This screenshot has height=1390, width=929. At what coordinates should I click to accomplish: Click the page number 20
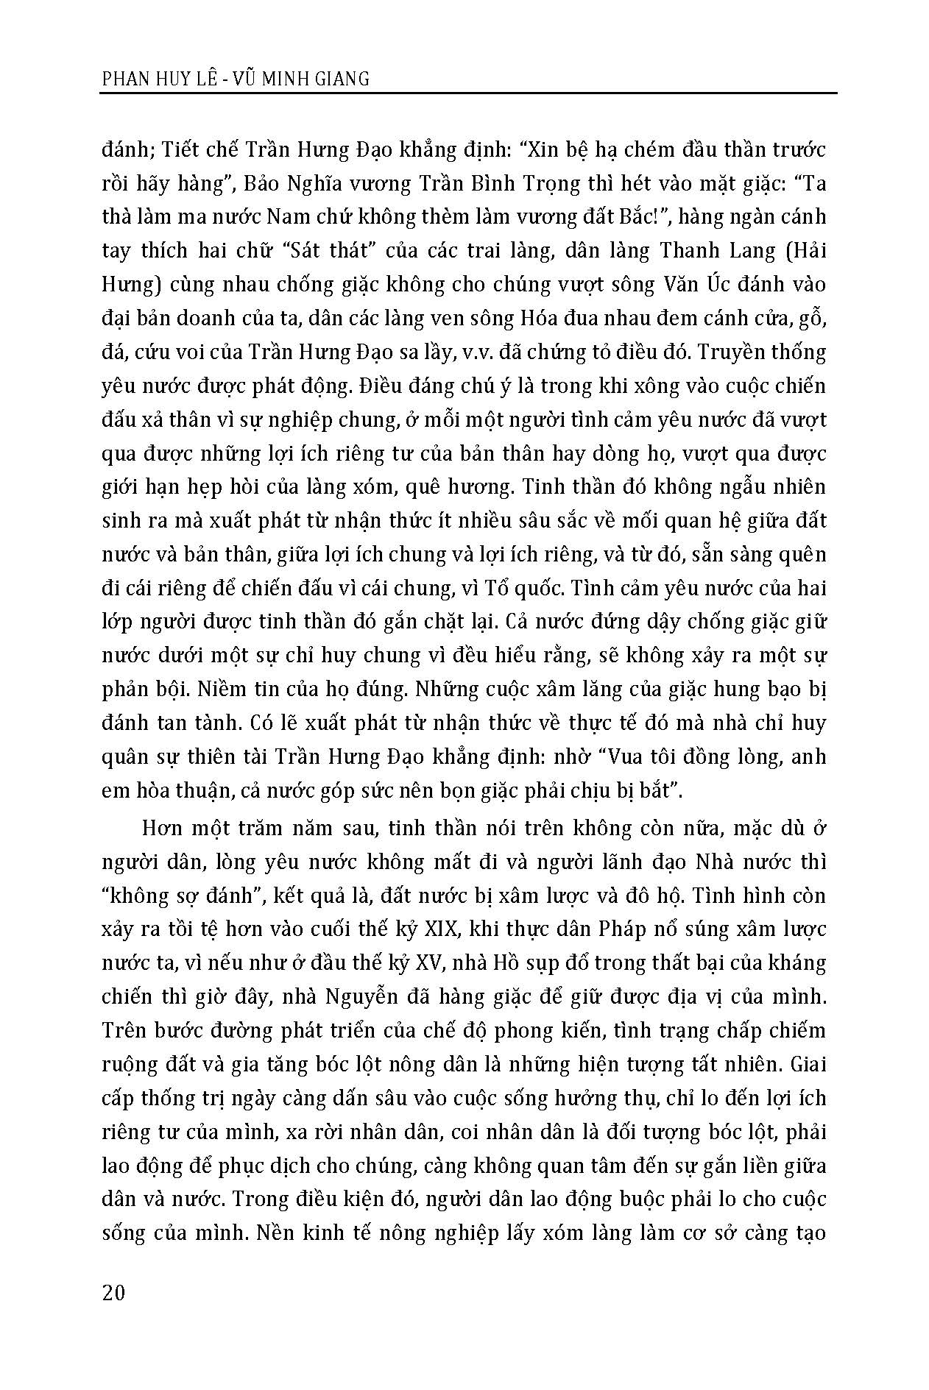(x=114, y=1292)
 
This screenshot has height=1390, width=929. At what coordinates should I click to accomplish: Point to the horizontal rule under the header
(x=468, y=93)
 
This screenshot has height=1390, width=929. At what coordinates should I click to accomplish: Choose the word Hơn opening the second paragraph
(x=161, y=829)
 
